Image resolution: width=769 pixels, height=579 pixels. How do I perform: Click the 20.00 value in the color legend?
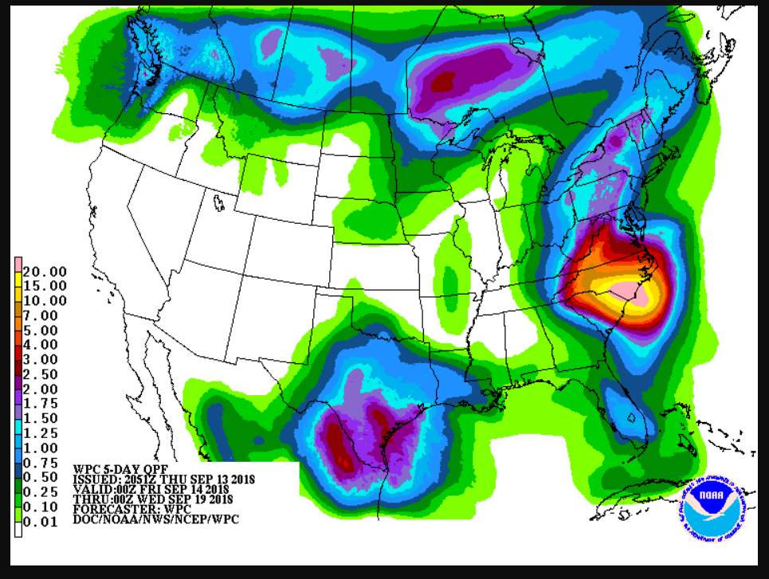click(45, 272)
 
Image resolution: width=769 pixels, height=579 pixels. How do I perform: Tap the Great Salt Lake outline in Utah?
click(218, 204)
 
